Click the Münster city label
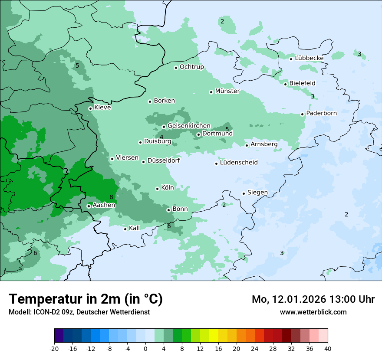point(227,91)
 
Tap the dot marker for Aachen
point(89,206)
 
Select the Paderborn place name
point(321,113)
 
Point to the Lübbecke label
point(309,58)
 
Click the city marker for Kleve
point(90,108)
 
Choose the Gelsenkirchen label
point(189,126)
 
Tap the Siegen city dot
point(244,193)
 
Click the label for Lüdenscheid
point(239,163)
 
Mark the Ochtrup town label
point(191,67)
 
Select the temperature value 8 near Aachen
point(111,197)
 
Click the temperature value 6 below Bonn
point(169,226)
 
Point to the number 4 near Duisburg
point(161,137)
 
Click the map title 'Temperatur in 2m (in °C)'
point(86,299)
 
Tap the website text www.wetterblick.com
point(313,312)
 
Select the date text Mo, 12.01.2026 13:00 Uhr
point(313,299)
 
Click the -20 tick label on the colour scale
point(54,348)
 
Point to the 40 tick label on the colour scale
point(328,348)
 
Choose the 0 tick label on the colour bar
point(145,348)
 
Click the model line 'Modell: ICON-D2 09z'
point(79,312)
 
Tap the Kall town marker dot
point(125,229)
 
